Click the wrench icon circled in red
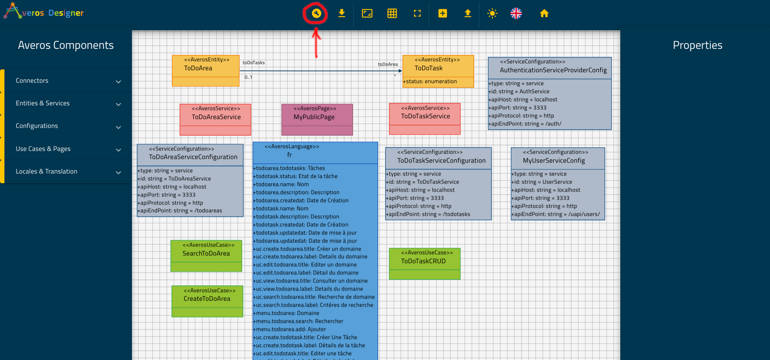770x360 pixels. point(316,13)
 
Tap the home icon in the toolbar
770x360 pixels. point(544,13)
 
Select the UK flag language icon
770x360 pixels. point(516,13)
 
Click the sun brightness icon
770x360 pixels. point(492,13)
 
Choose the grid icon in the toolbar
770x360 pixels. point(392,13)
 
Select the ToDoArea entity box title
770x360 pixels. point(198,68)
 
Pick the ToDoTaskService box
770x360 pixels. point(425,119)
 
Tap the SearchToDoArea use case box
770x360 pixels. point(206,256)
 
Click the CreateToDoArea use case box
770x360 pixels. point(207,301)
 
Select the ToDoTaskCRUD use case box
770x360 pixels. point(425,264)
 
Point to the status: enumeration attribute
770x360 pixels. point(430,82)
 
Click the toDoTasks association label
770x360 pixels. point(254,63)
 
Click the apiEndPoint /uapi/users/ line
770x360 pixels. point(556,214)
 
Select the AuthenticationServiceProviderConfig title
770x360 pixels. point(553,70)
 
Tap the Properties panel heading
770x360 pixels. point(697,45)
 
